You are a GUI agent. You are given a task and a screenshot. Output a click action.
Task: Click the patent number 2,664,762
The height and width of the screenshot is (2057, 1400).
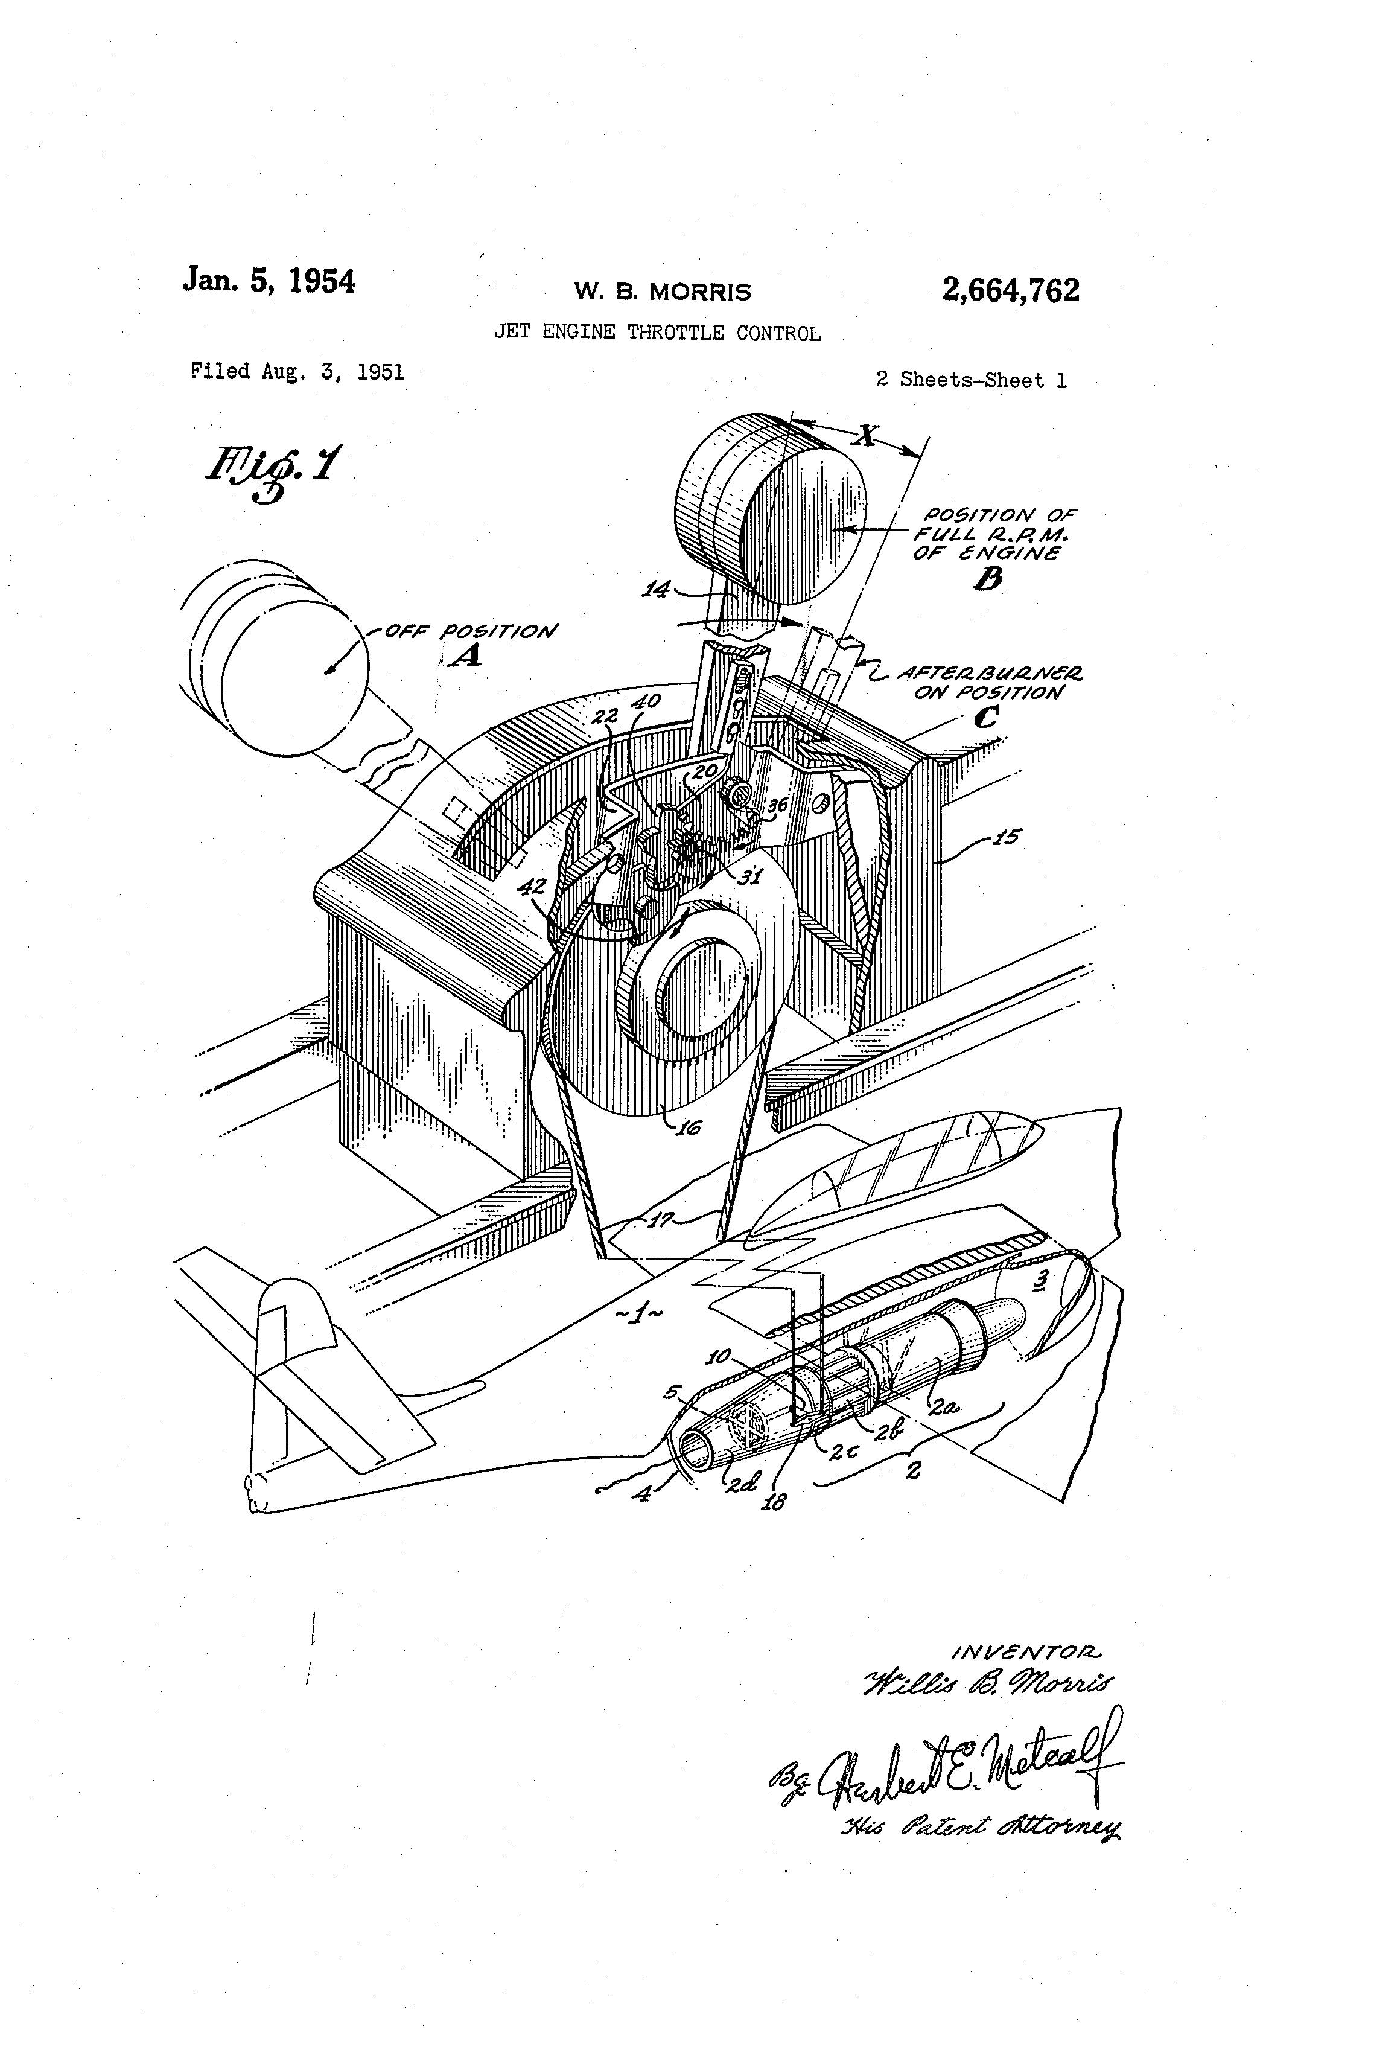[x=1011, y=290]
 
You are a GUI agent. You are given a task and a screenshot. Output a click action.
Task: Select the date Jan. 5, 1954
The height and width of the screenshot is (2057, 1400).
[x=269, y=281]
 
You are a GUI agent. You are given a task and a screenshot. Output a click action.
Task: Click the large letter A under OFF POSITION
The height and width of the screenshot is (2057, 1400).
[x=463, y=656]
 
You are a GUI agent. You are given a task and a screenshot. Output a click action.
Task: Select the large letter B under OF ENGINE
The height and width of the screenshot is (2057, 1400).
[x=988, y=580]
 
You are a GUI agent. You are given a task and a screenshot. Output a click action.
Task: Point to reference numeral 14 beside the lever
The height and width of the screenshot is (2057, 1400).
[x=656, y=588]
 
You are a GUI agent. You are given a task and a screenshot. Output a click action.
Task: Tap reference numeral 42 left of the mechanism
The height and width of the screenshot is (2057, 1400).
[x=531, y=886]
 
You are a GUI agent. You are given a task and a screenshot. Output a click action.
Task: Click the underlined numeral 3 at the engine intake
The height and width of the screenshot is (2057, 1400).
[x=1043, y=1278]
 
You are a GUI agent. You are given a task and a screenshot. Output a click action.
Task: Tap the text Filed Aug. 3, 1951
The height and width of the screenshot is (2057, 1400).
[x=297, y=372]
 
